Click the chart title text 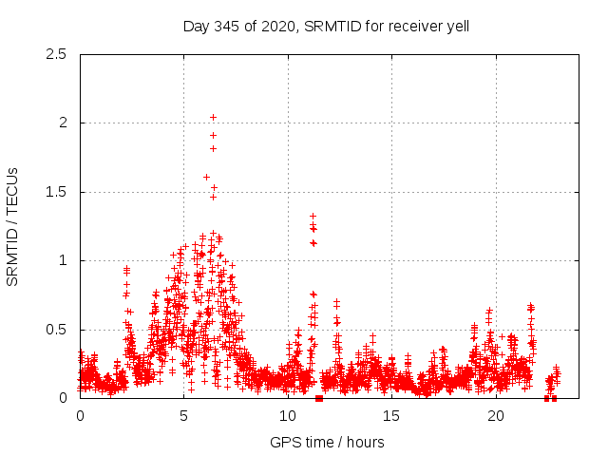click(x=326, y=26)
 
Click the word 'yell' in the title click(x=456, y=26)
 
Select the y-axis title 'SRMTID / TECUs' click(x=13, y=226)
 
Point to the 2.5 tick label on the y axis click(x=57, y=54)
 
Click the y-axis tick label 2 click(x=63, y=123)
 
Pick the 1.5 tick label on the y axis click(x=57, y=192)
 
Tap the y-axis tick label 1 click(x=63, y=260)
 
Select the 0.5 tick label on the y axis click(x=57, y=330)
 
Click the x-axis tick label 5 click(x=184, y=416)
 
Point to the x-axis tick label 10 click(x=288, y=416)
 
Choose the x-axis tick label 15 click(x=391, y=416)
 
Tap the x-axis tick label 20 click(x=495, y=416)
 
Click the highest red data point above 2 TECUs click(x=213, y=118)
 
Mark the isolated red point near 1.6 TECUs click(x=206, y=177)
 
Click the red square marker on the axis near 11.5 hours click(x=319, y=398)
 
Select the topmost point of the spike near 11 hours click(x=313, y=217)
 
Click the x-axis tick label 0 click(x=80, y=416)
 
